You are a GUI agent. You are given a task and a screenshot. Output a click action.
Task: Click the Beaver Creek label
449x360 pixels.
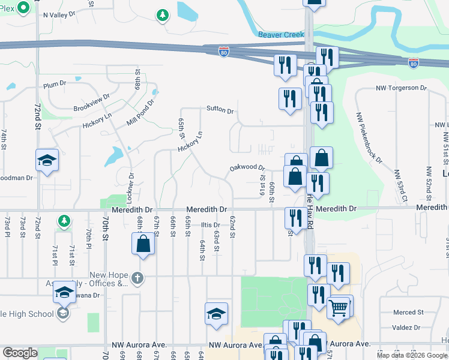tap(282, 35)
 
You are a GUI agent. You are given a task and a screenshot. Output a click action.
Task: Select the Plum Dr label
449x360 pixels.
tap(54, 85)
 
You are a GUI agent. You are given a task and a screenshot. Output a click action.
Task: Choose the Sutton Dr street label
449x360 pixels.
tap(220, 109)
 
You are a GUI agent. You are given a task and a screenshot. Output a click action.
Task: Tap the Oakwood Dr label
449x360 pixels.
tap(247, 168)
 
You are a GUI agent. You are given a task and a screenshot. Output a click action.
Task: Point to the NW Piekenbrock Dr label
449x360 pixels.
tap(369, 137)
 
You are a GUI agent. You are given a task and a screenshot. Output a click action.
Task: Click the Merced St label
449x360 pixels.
tap(408, 312)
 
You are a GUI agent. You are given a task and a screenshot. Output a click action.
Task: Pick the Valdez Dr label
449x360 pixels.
tap(408, 328)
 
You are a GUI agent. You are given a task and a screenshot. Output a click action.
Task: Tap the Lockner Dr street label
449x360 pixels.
tap(131, 187)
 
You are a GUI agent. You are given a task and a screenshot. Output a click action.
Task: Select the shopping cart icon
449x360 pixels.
tap(338, 308)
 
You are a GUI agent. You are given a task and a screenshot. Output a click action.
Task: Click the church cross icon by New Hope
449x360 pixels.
tap(137, 277)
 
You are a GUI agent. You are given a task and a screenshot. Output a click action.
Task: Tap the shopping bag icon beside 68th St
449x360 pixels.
tap(143, 244)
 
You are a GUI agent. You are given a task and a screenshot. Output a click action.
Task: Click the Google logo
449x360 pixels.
tap(20, 352)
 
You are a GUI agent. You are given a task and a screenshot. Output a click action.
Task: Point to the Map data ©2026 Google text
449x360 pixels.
tap(411, 355)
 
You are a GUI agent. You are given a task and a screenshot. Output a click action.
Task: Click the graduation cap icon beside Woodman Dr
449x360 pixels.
tap(47, 160)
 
